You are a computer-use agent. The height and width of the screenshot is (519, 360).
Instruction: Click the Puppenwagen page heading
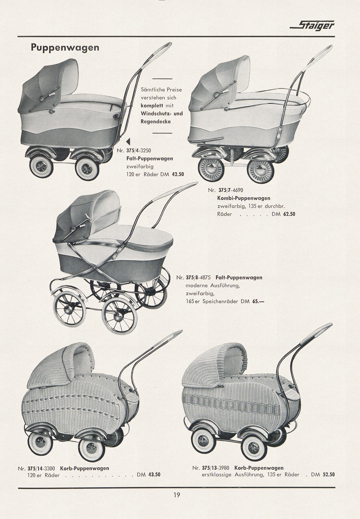65,48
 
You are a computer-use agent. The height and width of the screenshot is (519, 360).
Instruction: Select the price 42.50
178,174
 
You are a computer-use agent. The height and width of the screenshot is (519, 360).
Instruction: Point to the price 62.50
289,214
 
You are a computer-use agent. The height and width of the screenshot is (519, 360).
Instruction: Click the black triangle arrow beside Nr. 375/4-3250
128,141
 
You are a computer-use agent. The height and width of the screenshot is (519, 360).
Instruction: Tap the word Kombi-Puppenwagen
244,198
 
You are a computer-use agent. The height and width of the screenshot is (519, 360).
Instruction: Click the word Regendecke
156,122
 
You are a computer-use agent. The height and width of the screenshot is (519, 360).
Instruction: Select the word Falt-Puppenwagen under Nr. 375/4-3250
150,159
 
